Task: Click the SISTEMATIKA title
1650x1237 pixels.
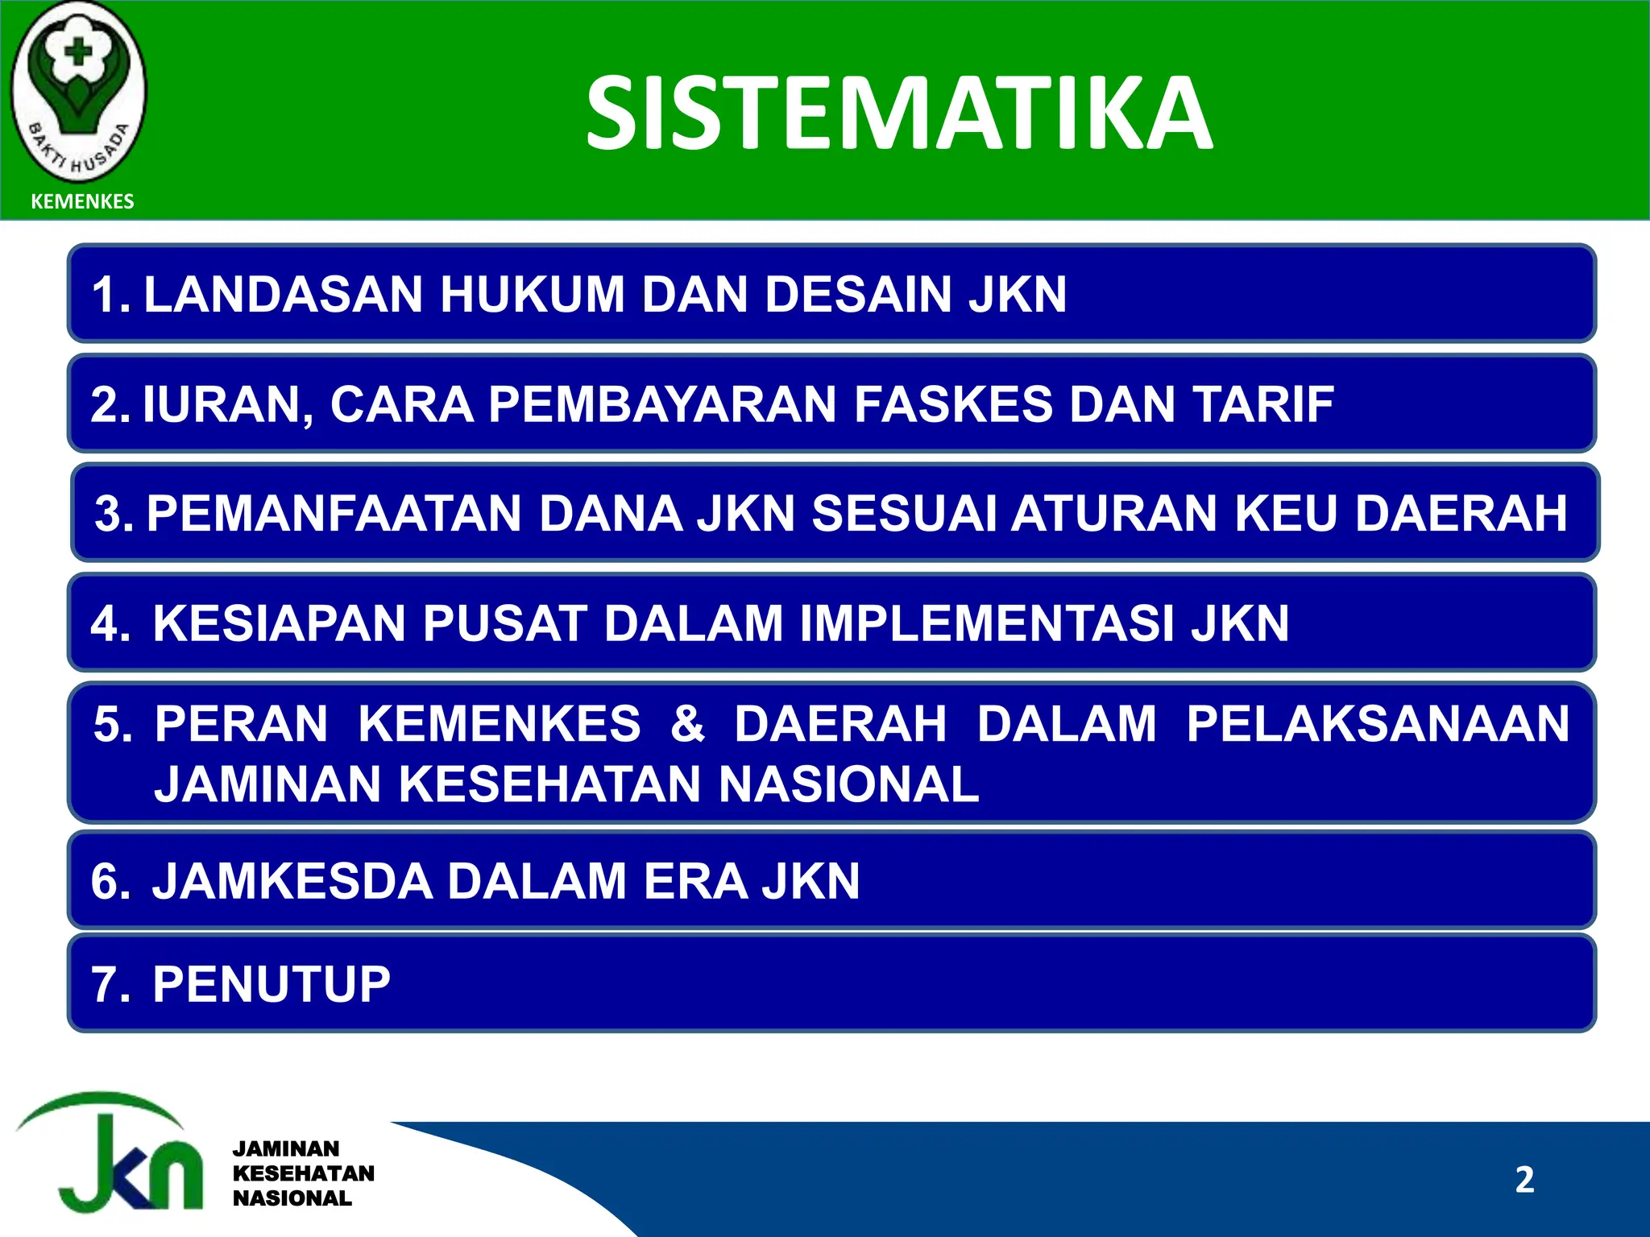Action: coord(898,114)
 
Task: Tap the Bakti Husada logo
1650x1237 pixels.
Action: coord(78,93)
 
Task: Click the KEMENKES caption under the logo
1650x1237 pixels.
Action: coord(82,201)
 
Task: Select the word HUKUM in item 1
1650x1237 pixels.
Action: coord(532,294)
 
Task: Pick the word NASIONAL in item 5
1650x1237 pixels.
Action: coord(848,784)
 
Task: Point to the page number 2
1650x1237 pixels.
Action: coord(1524,1180)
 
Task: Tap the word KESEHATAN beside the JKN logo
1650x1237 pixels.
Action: coord(304,1173)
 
